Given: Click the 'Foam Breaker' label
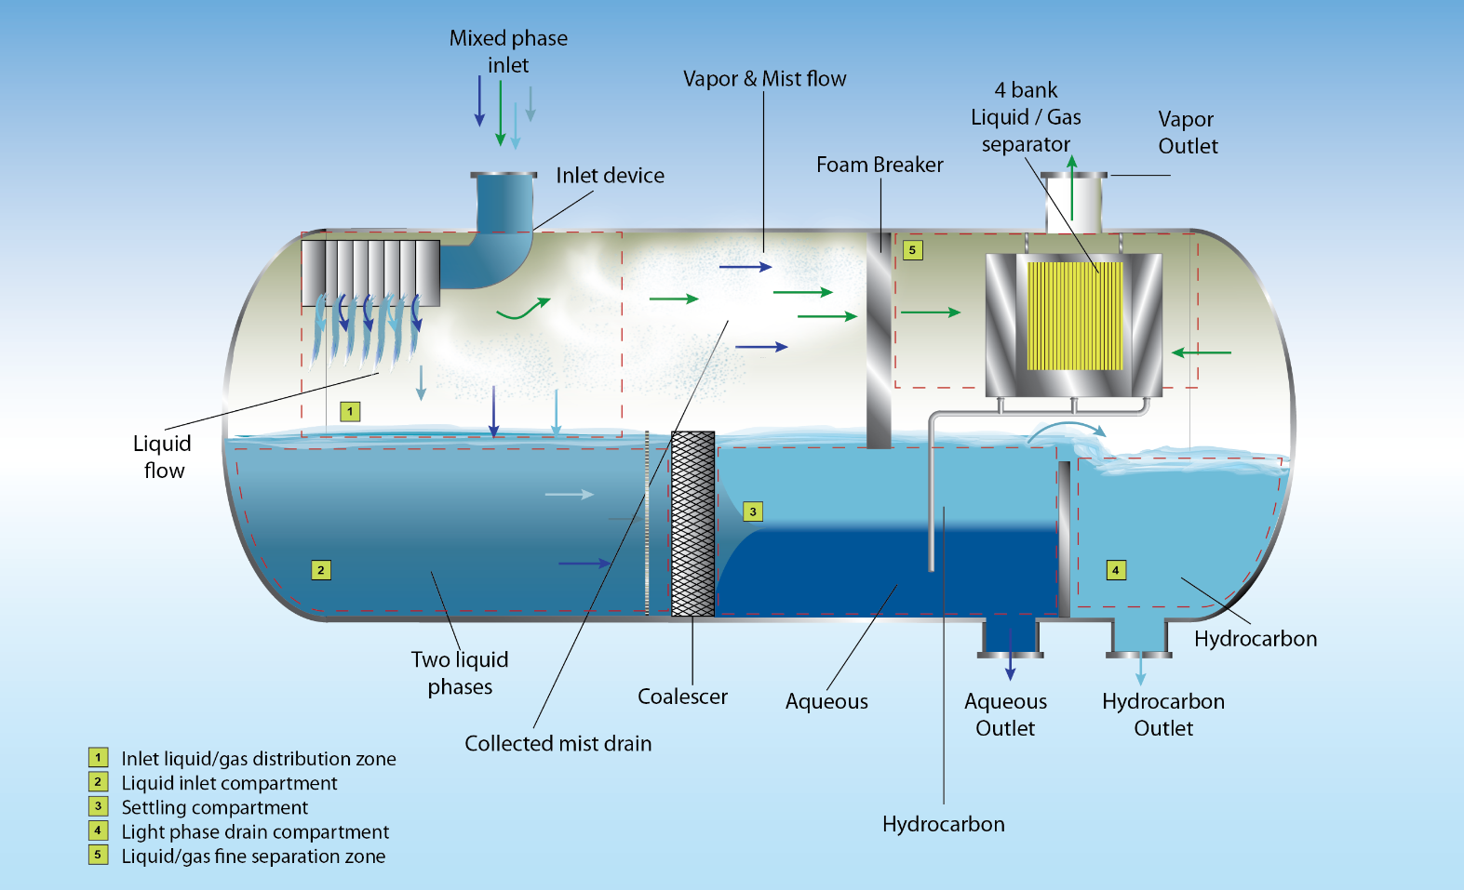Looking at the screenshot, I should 880,165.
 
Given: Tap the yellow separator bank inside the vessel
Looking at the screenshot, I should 1074,315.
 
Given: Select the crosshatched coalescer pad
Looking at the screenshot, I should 692,523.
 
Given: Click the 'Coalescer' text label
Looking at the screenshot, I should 682,697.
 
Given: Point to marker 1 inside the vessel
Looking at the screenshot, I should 350,411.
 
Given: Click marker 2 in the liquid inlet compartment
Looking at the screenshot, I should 320,570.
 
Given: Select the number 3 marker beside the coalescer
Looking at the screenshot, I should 753,511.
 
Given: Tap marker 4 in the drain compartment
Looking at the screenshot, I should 1116,570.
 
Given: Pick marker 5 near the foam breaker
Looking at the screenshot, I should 913,249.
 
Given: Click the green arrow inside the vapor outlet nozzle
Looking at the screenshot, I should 1072,188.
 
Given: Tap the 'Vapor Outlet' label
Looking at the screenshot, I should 1187,133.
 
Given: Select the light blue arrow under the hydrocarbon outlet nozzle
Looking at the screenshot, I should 1140,668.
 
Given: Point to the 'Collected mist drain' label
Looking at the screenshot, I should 557,744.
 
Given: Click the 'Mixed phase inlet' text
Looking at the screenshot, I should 508,51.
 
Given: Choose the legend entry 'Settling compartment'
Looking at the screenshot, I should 214,807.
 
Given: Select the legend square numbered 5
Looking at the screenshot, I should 98,855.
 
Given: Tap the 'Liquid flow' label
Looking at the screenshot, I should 163,457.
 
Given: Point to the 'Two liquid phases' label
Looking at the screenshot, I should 460,673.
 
